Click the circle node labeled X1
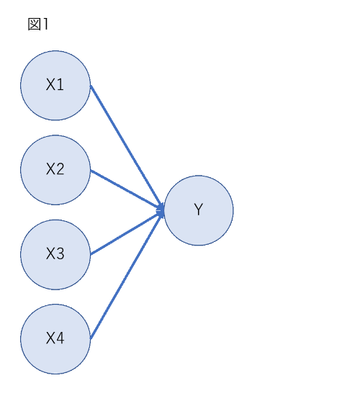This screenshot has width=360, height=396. click(x=55, y=86)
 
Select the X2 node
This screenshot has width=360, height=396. click(x=55, y=170)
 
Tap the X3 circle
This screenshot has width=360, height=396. click(x=55, y=255)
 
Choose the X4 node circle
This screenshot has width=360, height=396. click(x=55, y=339)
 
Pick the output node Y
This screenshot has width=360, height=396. click(x=199, y=210)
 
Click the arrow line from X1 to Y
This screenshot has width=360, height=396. click(x=126, y=147)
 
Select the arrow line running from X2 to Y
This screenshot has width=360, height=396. click(x=126, y=190)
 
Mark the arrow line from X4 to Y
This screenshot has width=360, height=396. click(x=126, y=276)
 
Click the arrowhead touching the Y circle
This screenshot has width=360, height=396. click(x=161, y=211)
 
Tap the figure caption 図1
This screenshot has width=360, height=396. click(x=38, y=24)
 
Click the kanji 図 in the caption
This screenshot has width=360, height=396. click(x=34, y=24)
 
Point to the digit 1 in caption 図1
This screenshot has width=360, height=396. click(x=45, y=24)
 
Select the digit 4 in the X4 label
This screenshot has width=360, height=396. click(x=60, y=338)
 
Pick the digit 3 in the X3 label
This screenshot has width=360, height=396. click(x=60, y=253)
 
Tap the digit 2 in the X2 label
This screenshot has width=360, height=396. click(x=60, y=169)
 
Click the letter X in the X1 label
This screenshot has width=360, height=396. click(x=50, y=85)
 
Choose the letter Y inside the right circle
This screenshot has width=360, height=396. click(x=199, y=210)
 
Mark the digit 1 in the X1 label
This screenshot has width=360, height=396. click(x=60, y=85)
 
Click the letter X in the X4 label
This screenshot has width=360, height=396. click(x=50, y=338)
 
